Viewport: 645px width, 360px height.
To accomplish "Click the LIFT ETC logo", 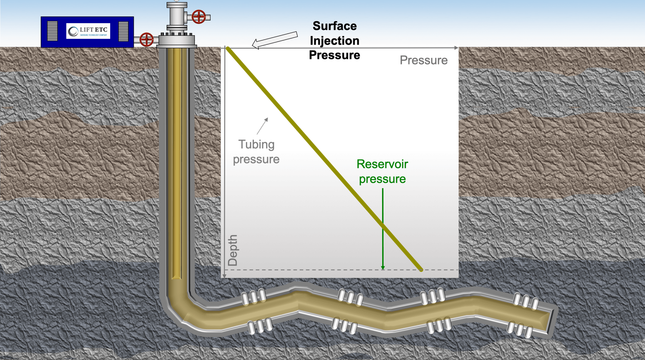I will (x=88, y=31).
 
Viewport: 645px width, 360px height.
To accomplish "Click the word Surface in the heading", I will (x=335, y=26).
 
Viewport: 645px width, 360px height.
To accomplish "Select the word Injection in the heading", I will (x=335, y=41).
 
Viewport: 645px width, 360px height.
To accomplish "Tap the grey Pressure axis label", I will (x=424, y=60).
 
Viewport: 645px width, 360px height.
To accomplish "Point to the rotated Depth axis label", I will (x=232, y=250).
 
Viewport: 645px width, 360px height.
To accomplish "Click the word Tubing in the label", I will (x=256, y=144).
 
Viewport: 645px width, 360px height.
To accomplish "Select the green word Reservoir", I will (x=382, y=164).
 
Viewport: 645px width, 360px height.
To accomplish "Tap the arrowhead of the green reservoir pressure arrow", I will (x=383, y=268).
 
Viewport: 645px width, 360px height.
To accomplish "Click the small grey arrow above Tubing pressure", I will (x=263, y=126).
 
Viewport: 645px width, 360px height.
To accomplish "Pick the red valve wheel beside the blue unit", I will (x=146, y=40).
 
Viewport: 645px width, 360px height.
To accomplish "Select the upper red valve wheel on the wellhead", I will (x=199, y=17).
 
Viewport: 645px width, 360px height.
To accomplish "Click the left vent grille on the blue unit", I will (x=52, y=31).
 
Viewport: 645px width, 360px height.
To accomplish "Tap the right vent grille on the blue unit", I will (x=123, y=31).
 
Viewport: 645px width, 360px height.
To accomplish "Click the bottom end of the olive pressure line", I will (x=421, y=269).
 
